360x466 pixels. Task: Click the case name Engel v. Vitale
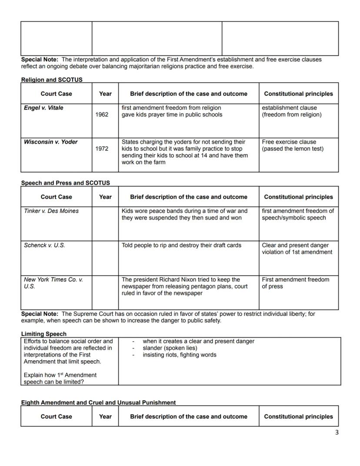[x=43, y=108]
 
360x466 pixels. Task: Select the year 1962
[x=102, y=114]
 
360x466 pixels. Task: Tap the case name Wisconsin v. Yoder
[x=51, y=142]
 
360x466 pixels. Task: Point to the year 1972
[x=102, y=149]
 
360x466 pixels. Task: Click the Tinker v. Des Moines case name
[x=51, y=211]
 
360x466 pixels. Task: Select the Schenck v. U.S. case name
[x=44, y=245]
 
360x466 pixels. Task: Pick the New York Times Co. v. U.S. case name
[x=53, y=283]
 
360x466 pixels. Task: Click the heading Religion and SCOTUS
[x=52, y=80]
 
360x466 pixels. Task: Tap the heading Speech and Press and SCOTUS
[x=65, y=183]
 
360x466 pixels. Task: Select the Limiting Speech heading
[x=43, y=334]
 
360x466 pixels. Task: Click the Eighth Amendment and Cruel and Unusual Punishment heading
[x=98, y=402]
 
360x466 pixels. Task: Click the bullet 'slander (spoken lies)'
[x=170, y=348]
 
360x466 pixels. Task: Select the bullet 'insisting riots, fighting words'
[x=179, y=355]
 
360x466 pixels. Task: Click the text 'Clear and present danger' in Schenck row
[x=295, y=245]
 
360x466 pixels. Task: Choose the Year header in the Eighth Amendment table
[x=105, y=416]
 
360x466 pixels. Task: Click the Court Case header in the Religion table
[x=57, y=94]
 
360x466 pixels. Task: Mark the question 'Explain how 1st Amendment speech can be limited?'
[x=60, y=378]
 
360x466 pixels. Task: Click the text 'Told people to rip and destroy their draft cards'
[x=181, y=245]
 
